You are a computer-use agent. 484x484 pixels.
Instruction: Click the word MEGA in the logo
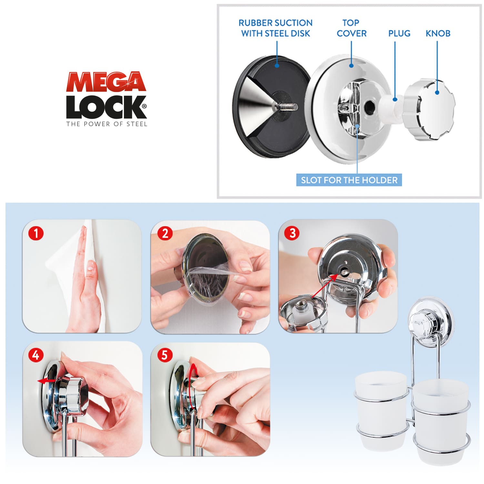106,82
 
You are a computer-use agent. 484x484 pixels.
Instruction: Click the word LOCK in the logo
106,107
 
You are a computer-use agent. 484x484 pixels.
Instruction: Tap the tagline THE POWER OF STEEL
107,124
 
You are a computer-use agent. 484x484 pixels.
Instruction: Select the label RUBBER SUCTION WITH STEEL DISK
276,28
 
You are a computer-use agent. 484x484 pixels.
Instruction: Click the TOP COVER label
351,28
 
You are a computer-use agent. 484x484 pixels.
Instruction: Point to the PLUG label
399,33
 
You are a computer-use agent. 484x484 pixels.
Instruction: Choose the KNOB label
438,33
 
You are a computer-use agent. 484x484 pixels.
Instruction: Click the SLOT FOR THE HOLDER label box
349,180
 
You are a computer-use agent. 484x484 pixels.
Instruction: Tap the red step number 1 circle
36,233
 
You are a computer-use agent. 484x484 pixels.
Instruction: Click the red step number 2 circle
165,233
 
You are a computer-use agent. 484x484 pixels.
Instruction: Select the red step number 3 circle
292,233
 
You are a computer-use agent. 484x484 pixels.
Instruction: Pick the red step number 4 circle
36,355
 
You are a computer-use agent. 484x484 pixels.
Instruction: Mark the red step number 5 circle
165,355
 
